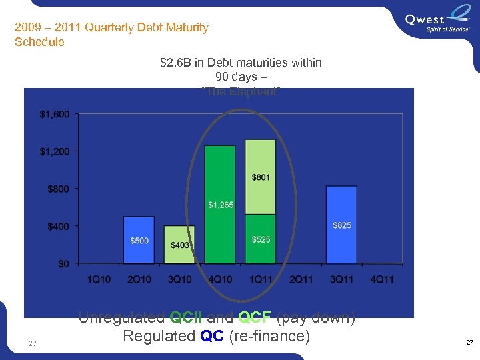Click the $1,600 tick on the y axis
click(54, 115)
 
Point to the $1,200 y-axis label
click(54, 152)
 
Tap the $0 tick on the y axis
click(63, 264)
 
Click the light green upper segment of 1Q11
click(261, 177)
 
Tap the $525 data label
click(261, 239)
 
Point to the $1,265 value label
click(220, 205)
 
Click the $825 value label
click(342, 225)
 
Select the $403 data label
click(180, 245)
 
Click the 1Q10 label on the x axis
click(99, 279)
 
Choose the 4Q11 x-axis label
click(381, 279)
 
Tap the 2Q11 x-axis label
click(301, 279)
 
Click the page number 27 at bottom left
click(33, 343)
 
